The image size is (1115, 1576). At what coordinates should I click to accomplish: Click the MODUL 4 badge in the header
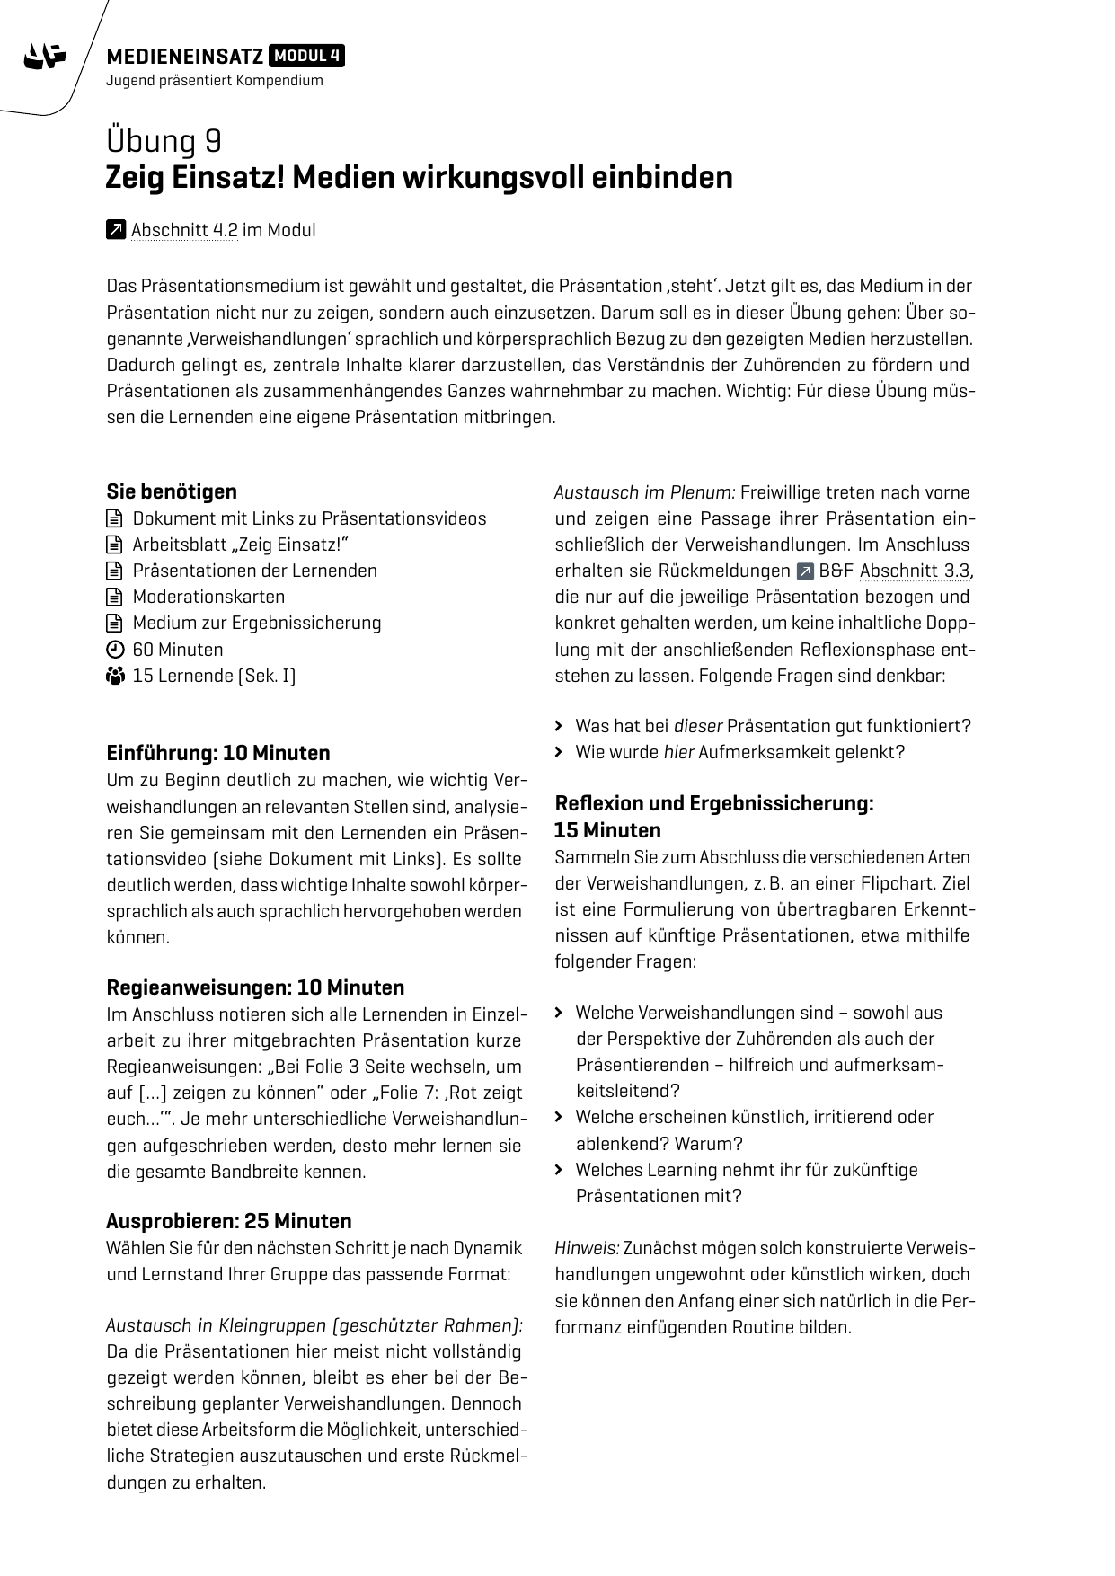(x=307, y=57)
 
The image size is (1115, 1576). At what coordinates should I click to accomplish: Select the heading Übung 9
(x=164, y=142)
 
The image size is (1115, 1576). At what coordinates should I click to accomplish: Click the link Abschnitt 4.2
(x=184, y=231)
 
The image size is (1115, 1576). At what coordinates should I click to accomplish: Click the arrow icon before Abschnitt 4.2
(x=115, y=231)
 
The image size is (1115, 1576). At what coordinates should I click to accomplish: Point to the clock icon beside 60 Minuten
(x=114, y=650)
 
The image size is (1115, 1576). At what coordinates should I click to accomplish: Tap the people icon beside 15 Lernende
(x=114, y=676)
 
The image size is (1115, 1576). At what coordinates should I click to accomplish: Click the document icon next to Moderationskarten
(x=114, y=597)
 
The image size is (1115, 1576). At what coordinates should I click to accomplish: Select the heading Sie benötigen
(x=172, y=491)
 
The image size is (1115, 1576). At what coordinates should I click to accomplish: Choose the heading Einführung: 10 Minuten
(x=218, y=753)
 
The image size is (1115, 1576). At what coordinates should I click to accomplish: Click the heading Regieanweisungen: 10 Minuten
(x=255, y=987)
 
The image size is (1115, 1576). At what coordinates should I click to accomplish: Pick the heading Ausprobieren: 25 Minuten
(x=229, y=1221)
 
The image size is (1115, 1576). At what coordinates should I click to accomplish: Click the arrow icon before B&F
(x=804, y=571)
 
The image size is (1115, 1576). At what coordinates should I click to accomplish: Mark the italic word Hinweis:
(x=586, y=1248)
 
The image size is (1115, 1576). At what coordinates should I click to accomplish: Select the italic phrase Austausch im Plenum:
(x=644, y=492)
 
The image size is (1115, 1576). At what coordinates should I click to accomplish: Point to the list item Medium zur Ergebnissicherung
(x=256, y=623)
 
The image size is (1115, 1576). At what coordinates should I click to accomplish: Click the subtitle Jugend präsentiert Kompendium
(x=214, y=81)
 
